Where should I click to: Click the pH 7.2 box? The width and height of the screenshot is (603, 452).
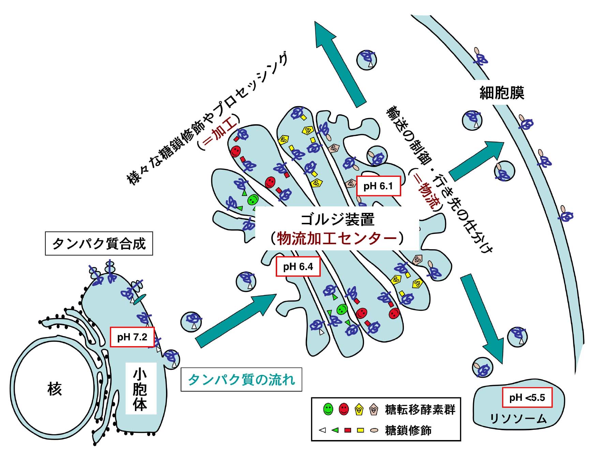coord(132,337)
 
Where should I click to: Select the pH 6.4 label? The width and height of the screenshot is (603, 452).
coord(298,266)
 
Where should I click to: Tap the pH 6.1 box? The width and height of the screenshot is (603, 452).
coord(378,186)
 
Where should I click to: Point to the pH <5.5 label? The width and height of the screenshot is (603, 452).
coord(527,397)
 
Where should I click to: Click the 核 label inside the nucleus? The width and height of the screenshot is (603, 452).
coord(55,389)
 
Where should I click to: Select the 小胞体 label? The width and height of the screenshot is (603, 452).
coord(140,389)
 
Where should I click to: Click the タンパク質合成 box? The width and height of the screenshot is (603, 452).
coord(99,243)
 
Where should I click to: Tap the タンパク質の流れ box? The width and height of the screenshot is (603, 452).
coord(241,379)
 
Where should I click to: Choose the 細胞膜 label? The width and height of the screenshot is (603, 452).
coord(501,93)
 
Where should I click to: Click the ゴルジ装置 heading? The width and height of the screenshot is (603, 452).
coord(337,219)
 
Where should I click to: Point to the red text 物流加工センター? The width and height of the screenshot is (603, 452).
coord(337,238)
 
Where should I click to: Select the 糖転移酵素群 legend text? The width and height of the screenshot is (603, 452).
coord(420,409)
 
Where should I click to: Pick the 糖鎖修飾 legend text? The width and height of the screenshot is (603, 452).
coord(408,430)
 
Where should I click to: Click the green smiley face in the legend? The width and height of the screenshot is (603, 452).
coord(328,409)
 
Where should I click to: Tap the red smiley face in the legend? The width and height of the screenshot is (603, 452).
coord(344,409)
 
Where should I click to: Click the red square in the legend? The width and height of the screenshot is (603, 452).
coord(347,430)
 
